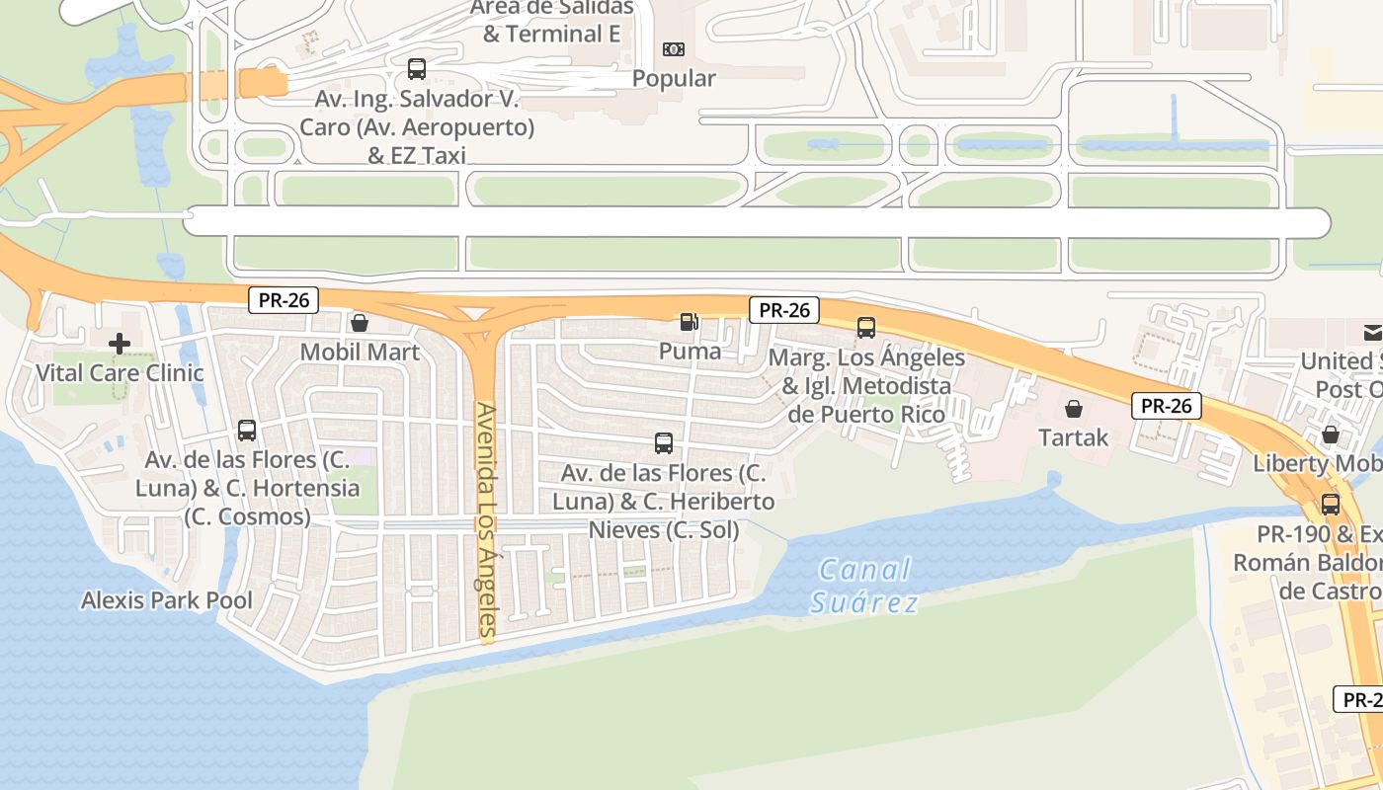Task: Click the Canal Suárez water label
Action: (862, 586)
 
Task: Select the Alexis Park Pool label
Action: (166, 600)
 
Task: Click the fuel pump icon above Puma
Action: (688, 321)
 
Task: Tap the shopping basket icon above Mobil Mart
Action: (360, 323)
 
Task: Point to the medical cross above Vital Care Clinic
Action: (120, 344)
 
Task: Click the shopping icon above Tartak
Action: (1074, 408)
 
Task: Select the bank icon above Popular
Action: (673, 48)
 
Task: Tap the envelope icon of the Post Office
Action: (1372, 332)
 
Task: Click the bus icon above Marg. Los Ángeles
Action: (866, 327)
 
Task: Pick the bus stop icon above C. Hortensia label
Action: (247, 431)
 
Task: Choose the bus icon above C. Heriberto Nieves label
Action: (664, 443)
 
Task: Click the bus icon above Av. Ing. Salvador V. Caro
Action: (417, 69)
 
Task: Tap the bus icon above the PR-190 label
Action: (1331, 505)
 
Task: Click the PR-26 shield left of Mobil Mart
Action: (284, 300)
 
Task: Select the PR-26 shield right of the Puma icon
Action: (784, 310)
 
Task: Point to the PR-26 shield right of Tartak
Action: (1167, 405)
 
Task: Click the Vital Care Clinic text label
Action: (120, 373)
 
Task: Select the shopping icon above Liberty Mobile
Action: (1331, 434)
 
